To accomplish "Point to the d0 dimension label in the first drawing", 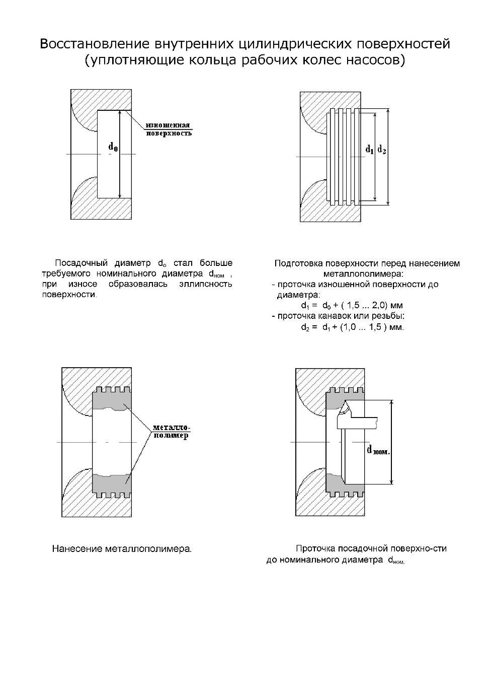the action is pos(113,147).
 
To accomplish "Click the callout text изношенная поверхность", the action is pos(169,129).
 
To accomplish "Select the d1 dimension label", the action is pos(370,150).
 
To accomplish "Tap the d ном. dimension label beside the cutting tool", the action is pos(378,450).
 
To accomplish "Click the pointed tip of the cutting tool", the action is pos(345,400).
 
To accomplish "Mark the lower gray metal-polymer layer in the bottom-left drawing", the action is pos(112,485).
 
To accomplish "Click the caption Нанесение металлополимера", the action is pos(122,549).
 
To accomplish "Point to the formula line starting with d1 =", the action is pos(352,306).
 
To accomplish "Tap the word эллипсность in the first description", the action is pos(206,284).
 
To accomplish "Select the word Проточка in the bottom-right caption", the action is pos(315,548).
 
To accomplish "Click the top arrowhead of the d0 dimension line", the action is pos(120,113).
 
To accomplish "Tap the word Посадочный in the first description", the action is pos(81,263).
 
